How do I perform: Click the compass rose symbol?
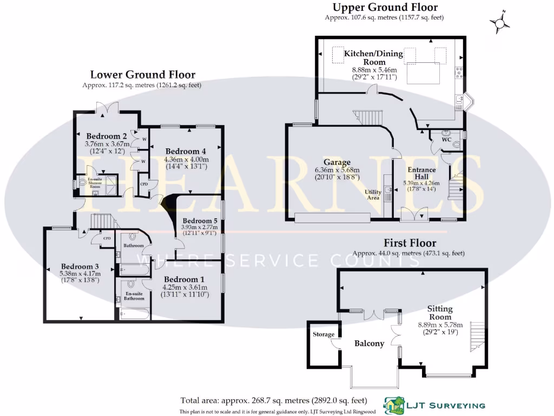pos(499,23)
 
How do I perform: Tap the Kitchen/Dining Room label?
pos(373,57)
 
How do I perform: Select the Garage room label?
pos(337,162)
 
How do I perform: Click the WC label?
pos(446,139)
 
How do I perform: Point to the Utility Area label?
pos(373,194)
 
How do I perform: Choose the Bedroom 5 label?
pos(200,221)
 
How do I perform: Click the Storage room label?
pos(324,334)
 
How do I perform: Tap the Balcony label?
pos(369,343)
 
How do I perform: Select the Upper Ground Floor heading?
pos(385,7)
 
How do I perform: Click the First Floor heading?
pos(410,243)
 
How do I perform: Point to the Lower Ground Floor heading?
pos(143,75)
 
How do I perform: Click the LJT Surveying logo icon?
pos(394,405)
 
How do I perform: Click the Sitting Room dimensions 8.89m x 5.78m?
pos(440,325)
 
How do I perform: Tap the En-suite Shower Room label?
pos(95,183)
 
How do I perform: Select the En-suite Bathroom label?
pos(134,296)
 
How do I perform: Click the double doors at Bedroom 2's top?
pos(107,108)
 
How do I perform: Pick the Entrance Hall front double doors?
pos(414,214)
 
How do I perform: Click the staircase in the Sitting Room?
pos(477,336)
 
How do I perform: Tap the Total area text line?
pos(274,400)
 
